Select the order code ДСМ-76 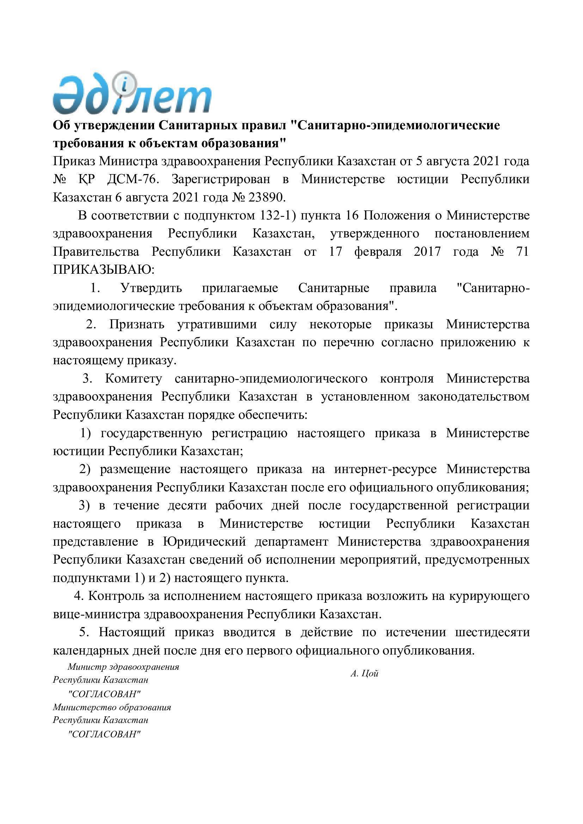click(x=133, y=179)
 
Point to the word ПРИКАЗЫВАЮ click(x=103, y=269)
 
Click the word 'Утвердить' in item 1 click(x=151, y=288)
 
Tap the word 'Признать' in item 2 click(x=137, y=324)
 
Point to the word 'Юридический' click(x=205, y=541)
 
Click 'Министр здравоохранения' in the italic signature click(x=123, y=667)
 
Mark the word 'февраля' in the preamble click(x=378, y=252)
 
